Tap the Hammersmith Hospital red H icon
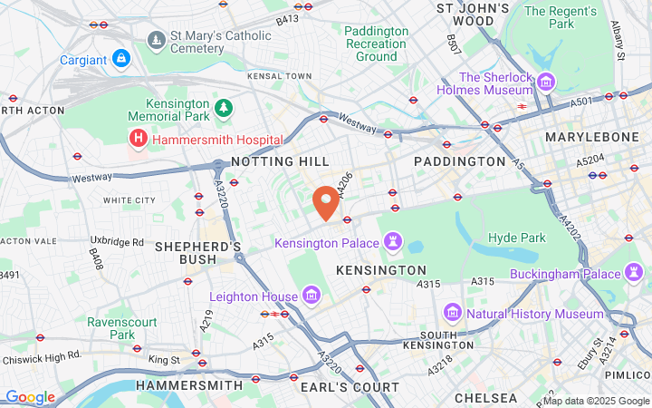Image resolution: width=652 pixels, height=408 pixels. [138, 139]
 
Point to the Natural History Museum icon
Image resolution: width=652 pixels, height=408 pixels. [453, 314]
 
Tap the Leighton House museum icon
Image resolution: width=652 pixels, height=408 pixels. [312, 296]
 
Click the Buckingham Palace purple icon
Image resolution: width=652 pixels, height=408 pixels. [634, 273]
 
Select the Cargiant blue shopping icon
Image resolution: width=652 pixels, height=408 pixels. [121, 59]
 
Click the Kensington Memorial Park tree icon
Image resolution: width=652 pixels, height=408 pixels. [223, 109]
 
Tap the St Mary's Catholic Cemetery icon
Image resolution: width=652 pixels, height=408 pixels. [158, 41]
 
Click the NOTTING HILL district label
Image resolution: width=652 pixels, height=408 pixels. [280, 160]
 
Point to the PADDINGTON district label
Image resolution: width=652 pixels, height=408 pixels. [459, 160]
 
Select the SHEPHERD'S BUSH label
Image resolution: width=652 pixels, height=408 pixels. [197, 252]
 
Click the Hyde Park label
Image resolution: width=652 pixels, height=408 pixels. [516, 238]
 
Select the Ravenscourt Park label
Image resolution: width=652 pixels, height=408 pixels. [123, 328]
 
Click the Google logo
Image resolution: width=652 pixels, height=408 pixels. [30, 397]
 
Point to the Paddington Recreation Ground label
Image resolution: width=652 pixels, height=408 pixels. [376, 44]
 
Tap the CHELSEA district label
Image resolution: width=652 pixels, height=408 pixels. [486, 397]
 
